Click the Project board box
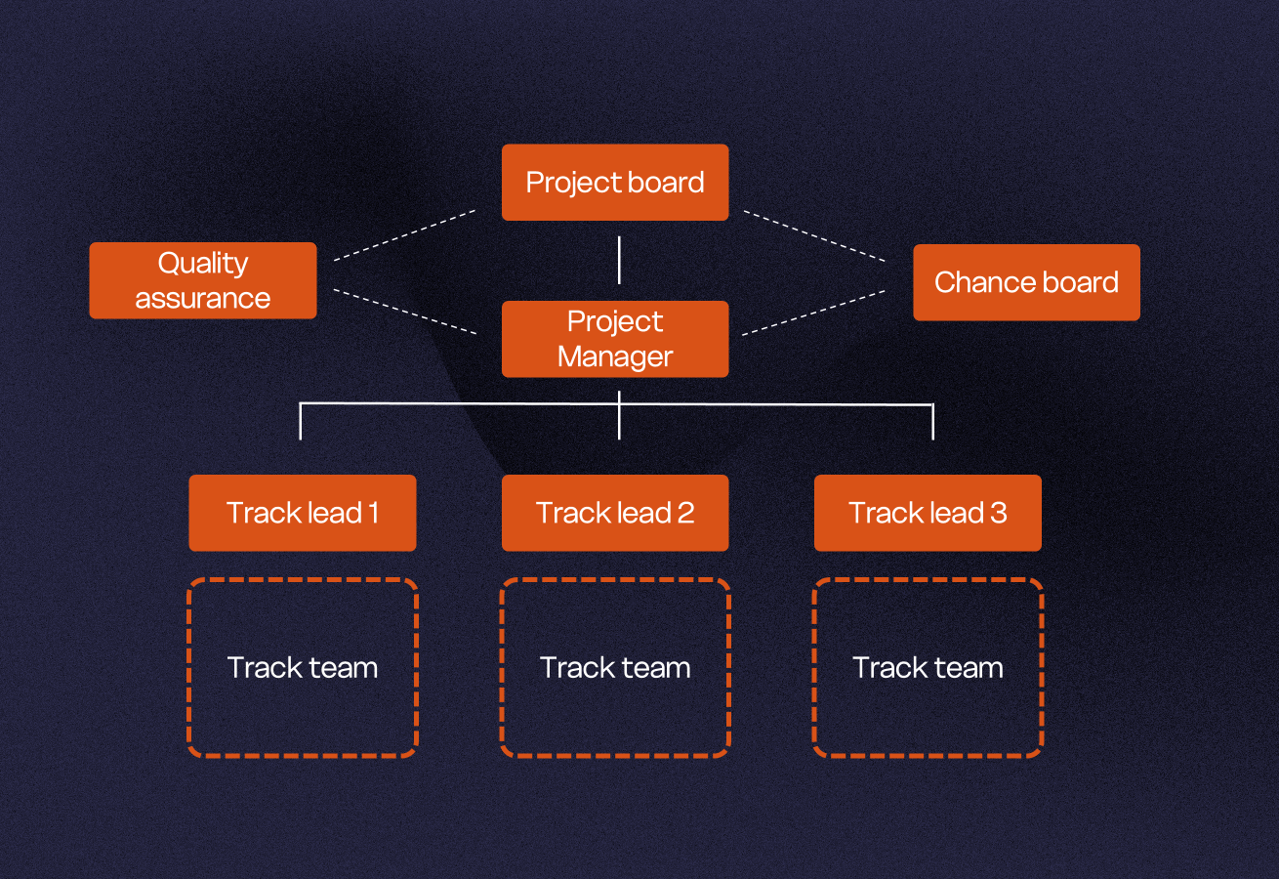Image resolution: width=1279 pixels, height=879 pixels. click(x=615, y=183)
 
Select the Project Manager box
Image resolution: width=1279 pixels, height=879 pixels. click(x=615, y=339)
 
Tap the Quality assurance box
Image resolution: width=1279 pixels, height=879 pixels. click(x=203, y=280)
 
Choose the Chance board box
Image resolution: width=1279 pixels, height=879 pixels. click(x=1026, y=282)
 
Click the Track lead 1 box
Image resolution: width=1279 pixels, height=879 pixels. click(x=303, y=513)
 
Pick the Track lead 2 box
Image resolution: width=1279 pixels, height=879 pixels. click(x=615, y=513)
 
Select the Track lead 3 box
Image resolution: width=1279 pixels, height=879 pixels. click(x=928, y=513)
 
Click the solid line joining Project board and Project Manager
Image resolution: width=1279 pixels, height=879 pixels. click(x=619, y=260)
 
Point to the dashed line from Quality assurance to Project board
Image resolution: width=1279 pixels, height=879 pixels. click(x=404, y=234)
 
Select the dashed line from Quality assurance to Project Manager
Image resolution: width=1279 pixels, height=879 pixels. click(x=404, y=312)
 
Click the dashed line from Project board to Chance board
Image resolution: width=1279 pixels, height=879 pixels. click(x=814, y=235)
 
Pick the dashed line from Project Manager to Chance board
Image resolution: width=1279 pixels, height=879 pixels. click(x=814, y=312)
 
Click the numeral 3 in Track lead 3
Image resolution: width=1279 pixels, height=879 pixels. click(x=998, y=513)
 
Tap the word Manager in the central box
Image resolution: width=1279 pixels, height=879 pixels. click(x=615, y=356)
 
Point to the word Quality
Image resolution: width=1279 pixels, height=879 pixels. click(x=203, y=264)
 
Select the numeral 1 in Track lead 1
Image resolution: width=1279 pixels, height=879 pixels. click(x=374, y=513)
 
